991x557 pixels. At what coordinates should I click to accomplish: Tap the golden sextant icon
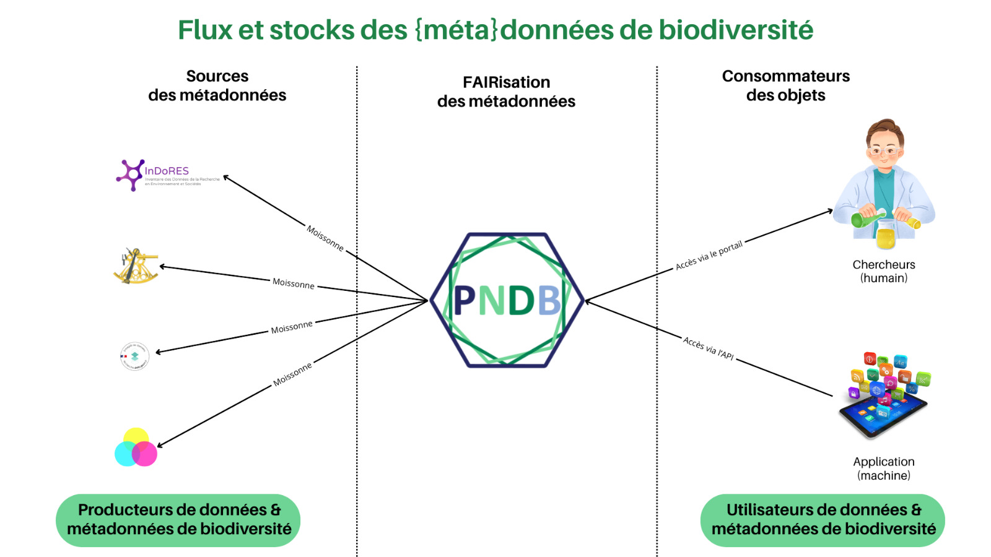tap(136, 267)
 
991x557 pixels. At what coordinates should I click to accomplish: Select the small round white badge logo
tap(134, 356)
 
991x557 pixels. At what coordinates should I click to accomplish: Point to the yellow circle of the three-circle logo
tap(136, 438)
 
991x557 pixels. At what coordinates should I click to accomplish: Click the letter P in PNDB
tap(465, 301)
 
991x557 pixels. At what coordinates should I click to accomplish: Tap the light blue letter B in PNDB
tap(549, 301)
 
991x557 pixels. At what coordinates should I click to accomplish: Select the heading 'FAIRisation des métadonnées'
tap(506, 92)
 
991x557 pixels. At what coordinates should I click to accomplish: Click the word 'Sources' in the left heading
tap(217, 76)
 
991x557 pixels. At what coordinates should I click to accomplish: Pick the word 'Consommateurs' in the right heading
tap(785, 76)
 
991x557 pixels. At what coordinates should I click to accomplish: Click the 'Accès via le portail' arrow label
tap(709, 256)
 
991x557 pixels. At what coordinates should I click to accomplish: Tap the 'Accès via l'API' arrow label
tap(709, 348)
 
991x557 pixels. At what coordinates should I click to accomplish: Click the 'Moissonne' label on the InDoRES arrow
tap(325, 238)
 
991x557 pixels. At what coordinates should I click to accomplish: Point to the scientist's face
tap(884, 149)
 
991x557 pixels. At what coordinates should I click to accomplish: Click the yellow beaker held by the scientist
tap(886, 238)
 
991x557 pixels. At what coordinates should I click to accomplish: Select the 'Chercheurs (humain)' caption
tap(883, 271)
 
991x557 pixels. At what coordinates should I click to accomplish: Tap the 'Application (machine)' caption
tap(883, 468)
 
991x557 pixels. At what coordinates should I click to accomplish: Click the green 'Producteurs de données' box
tap(178, 520)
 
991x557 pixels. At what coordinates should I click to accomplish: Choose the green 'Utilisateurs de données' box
tap(823, 520)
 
